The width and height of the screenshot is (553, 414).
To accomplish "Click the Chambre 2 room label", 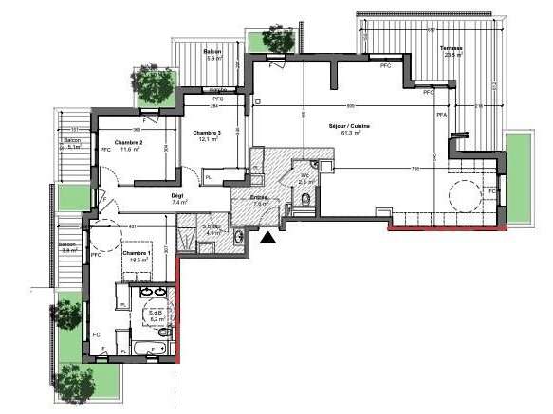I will [128, 142].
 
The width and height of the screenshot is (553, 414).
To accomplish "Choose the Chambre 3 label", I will [206, 132].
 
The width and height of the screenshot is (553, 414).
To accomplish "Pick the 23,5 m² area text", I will [453, 55].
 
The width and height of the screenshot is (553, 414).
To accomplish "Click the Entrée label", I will [259, 197].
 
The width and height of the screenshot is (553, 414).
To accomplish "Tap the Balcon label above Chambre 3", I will [213, 51].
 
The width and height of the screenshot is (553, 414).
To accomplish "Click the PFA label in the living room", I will [440, 115].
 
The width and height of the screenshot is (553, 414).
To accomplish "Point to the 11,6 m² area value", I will [129, 150].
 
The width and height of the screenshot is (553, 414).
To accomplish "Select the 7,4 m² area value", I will [178, 202].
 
